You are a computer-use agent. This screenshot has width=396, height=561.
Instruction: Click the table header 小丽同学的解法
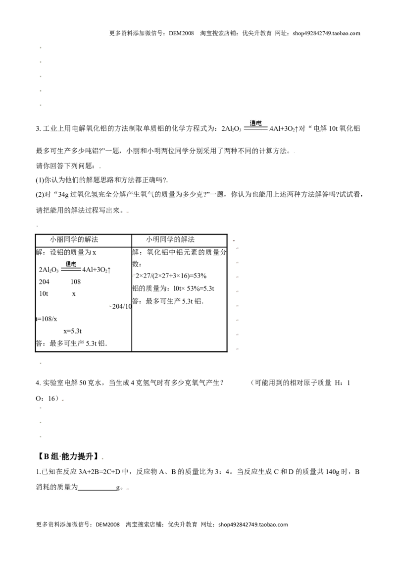tap(74, 240)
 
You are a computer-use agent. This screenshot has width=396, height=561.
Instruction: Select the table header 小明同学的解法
tap(170, 240)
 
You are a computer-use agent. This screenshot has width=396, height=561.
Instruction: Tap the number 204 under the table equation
tap(44, 282)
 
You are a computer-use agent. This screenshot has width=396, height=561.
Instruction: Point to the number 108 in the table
tap(75, 282)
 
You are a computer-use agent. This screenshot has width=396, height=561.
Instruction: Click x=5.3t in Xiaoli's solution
tap(73, 332)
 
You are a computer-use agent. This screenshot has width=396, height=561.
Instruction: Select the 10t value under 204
tap(43, 294)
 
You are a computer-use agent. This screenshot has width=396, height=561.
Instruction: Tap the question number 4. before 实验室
tap(38, 383)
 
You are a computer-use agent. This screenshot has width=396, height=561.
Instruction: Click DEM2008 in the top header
tap(181, 34)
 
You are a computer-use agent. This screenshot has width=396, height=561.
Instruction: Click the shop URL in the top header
tap(326, 34)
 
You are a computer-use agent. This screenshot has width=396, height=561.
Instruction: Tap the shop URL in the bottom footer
tap(253, 525)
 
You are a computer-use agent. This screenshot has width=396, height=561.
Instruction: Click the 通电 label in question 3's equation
tap(255, 123)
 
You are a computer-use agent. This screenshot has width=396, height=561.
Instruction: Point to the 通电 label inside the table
tap(71, 265)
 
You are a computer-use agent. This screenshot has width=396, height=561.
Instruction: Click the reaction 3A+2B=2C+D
tap(99, 472)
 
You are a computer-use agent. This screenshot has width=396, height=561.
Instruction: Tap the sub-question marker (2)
tap(40, 195)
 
